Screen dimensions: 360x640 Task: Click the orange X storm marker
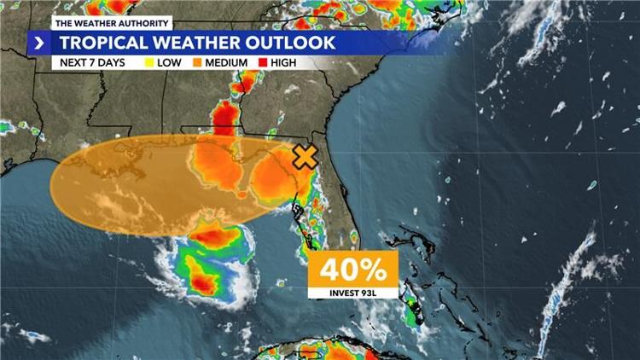point(305,157)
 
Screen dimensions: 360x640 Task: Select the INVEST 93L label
point(353,293)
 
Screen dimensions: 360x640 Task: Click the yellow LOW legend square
point(150,63)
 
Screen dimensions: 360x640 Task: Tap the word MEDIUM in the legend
point(226,63)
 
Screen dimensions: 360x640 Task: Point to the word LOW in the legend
point(169,63)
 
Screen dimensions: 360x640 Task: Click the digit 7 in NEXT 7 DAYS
point(96,63)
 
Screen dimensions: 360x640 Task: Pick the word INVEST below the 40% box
point(343,293)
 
